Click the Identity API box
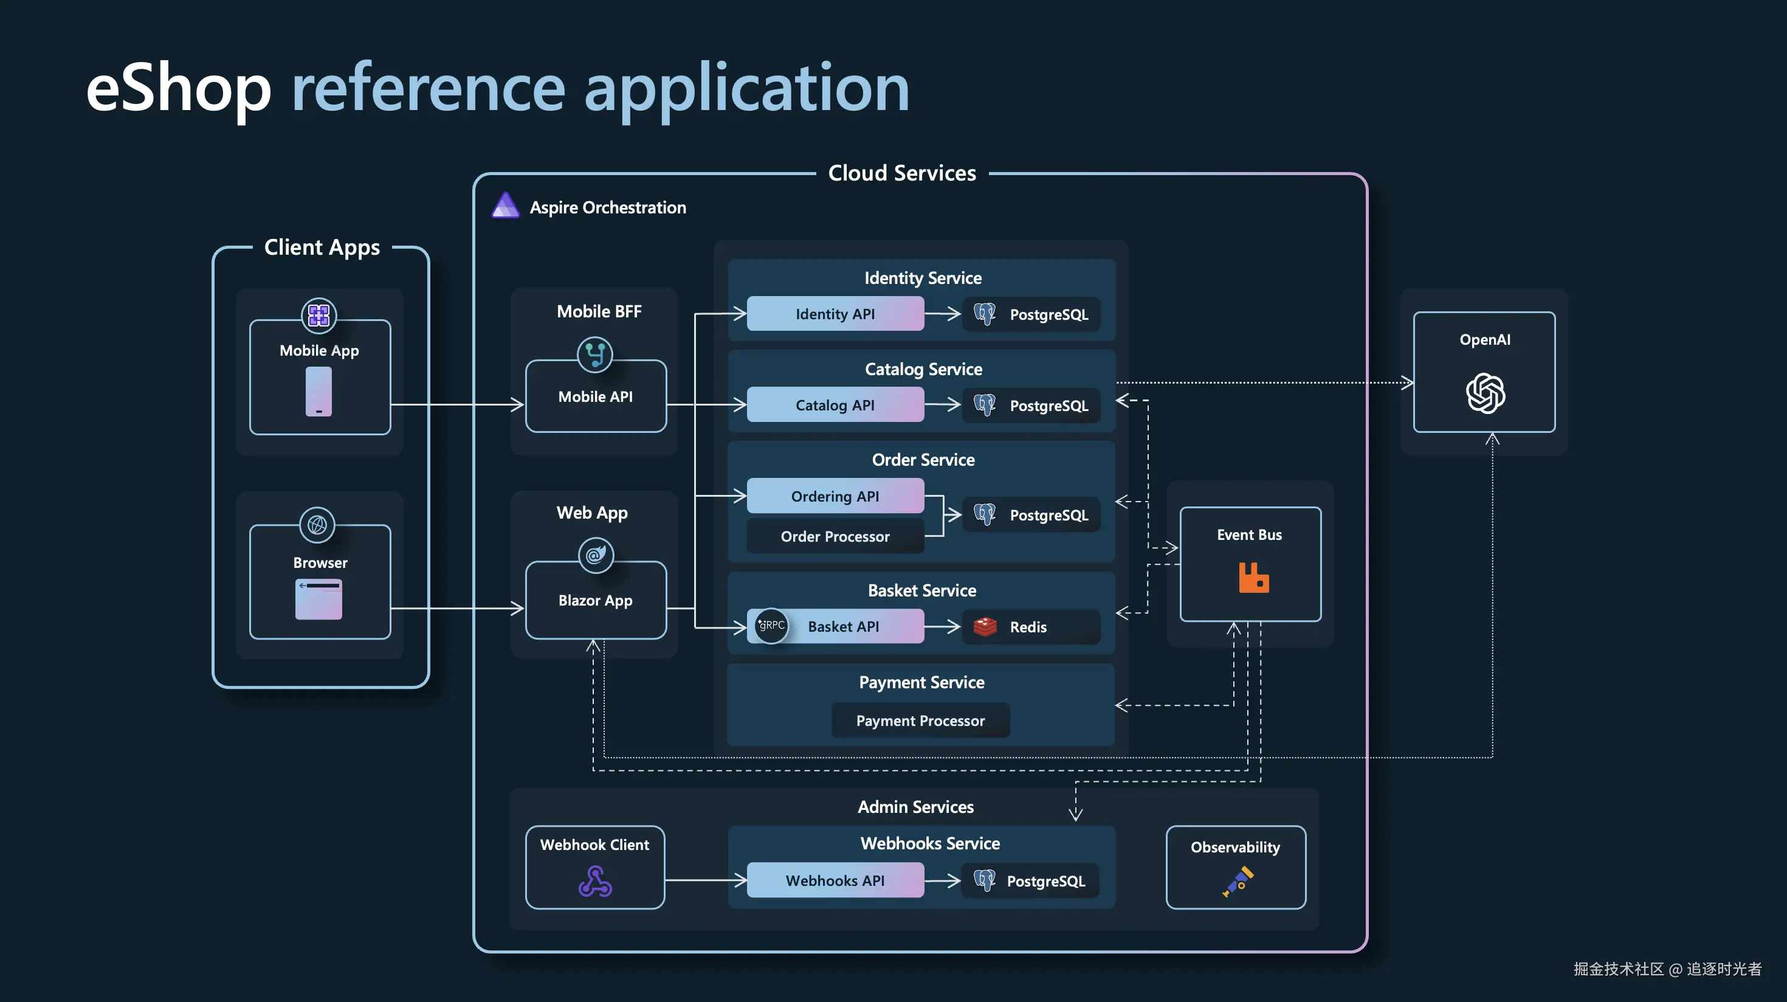pos(835,314)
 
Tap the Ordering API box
pos(835,496)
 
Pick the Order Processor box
pos(835,536)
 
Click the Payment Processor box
pos(920,720)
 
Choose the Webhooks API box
pos(835,880)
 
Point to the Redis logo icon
pos(985,627)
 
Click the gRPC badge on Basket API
pos(771,625)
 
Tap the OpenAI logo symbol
pos(1486,393)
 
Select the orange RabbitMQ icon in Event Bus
pos(1253,578)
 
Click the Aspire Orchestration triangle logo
pos(506,206)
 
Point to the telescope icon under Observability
pos(1238,881)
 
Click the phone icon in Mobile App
pos(318,392)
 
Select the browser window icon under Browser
pos(318,599)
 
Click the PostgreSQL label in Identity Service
pos(1048,314)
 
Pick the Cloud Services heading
pos(902,173)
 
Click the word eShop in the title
pos(178,89)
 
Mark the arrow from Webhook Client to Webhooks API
pos(704,880)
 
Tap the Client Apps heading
pos(322,247)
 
